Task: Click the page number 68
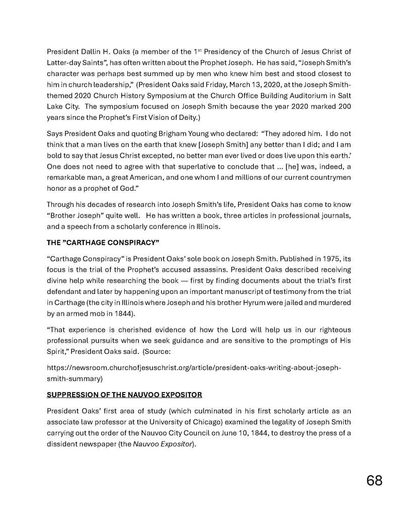click(x=374, y=480)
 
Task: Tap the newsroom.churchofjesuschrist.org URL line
click(x=194, y=367)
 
